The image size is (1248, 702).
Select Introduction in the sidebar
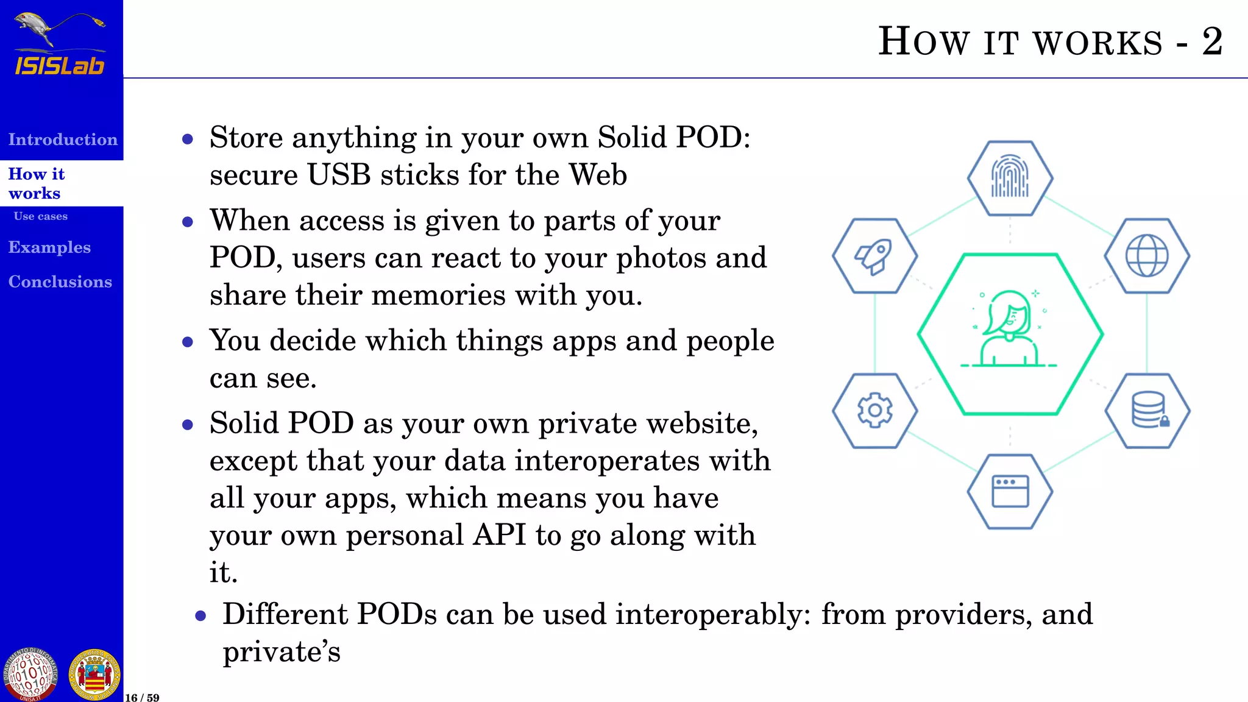(63, 140)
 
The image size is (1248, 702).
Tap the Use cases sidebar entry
(41, 216)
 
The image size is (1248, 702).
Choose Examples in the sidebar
(49, 247)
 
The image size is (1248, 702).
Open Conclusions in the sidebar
(60, 282)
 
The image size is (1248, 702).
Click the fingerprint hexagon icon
(1010, 178)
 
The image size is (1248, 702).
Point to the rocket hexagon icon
(874, 256)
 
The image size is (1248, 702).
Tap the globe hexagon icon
(1146, 256)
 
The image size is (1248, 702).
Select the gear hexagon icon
(874, 410)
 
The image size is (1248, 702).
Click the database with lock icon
(1147, 410)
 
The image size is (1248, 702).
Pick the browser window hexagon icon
(1010, 491)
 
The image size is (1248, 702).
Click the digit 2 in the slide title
(1212, 42)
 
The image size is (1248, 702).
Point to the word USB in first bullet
(339, 175)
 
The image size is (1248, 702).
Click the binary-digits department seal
(30, 675)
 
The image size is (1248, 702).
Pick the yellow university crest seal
(94, 675)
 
